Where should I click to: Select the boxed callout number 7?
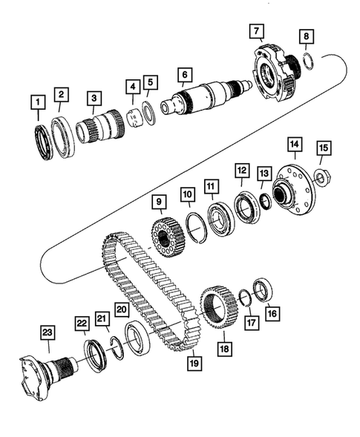coord(256,32)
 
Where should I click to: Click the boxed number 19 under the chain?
coord(195,364)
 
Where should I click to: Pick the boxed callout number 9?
coord(158,200)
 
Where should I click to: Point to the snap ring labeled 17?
coord(243,298)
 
